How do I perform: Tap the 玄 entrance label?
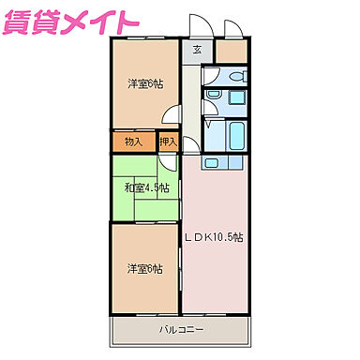pos(198,51)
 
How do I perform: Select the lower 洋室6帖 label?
pos(145,269)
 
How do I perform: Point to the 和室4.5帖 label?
pos(147,187)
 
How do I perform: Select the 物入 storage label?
pos(132,142)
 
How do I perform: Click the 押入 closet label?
pos(169,142)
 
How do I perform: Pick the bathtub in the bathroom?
pos(234,135)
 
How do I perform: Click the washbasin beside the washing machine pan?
pos(214,95)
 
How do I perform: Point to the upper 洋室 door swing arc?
pos(172,115)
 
